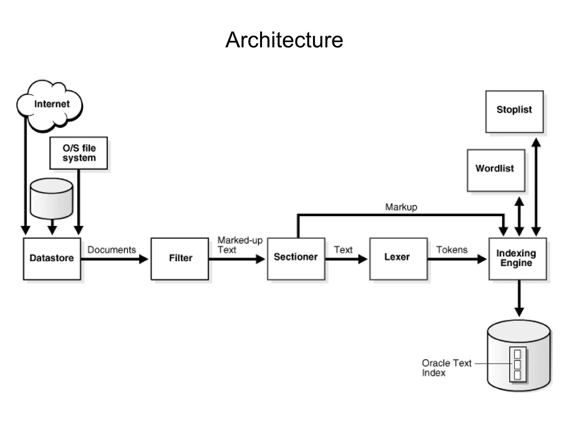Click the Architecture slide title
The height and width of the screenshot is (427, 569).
pyautogui.click(x=284, y=40)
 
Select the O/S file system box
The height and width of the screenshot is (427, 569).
pyautogui.click(x=79, y=153)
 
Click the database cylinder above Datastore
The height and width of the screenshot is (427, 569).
pyautogui.click(x=51, y=199)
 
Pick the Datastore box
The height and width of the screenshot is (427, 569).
pyautogui.click(x=52, y=259)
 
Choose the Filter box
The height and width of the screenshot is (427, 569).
pyautogui.click(x=180, y=259)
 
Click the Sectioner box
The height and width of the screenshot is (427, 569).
pyautogui.click(x=296, y=259)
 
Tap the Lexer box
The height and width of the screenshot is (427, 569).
pyautogui.click(x=398, y=259)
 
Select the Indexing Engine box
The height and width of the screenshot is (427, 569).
pyautogui.click(x=517, y=259)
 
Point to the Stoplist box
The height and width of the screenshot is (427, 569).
pyautogui.click(x=514, y=111)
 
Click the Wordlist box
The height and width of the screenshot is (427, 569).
pyautogui.click(x=496, y=170)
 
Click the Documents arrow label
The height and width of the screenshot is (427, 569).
pyautogui.click(x=112, y=250)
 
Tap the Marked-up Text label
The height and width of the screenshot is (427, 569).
pyautogui.click(x=239, y=245)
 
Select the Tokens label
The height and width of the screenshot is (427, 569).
pyautogui.click(x=452, y=250)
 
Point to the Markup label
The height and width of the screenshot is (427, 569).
pyautogui.click(x=401, y=207)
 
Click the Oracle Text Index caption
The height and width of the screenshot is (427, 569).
pyautogui.click(x=446, y=368)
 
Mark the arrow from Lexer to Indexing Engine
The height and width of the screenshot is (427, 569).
pyautogui.click(x=456, y=259)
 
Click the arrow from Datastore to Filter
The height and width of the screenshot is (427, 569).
pyautogui.click(x=114, y=259)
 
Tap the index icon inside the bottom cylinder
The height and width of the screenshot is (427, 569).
pyautogui.click(x=518, y=364)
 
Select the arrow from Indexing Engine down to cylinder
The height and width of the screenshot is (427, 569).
pyautogui.click(x=519, y=297)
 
